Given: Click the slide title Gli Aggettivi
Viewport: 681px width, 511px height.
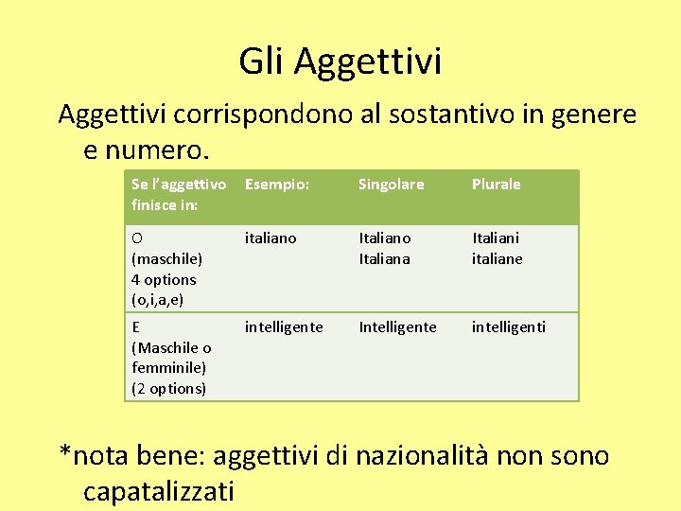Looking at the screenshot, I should pos(340,62).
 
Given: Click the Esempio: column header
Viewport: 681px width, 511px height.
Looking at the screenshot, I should pos(276,185).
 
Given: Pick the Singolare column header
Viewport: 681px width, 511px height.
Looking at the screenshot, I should pos(391,185).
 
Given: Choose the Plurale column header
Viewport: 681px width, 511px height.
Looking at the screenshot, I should pos(497,185).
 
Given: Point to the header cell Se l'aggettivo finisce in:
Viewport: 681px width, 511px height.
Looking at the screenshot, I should pos(178,194).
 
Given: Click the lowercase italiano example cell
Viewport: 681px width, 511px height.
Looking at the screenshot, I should pos(271,238).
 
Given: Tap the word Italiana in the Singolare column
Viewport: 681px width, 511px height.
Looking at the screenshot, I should pos(384,259).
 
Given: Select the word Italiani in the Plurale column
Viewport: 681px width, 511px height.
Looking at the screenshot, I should pos(497,238).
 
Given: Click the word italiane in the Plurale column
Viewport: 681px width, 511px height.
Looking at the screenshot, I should pos(497,259).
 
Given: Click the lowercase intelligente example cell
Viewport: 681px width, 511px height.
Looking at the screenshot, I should pos(284,327).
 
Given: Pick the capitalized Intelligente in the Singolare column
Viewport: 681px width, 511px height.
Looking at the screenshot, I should pos(397,327).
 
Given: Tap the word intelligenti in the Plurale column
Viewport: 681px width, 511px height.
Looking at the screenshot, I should pos(509,327).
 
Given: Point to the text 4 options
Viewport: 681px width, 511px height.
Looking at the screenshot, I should pos(164,280).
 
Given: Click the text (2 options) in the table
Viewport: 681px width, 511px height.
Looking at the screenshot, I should pos(168,389).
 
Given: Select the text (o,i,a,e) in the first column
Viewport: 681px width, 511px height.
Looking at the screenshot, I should pos(157,300).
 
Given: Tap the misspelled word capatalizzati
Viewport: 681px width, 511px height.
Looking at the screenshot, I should pos(159,491).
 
